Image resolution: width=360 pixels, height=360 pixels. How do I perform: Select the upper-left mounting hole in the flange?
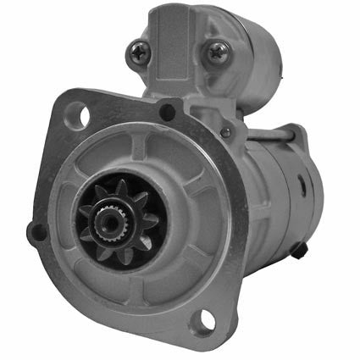tap(77, 111)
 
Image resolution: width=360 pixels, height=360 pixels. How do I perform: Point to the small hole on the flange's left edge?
tap(35, 229)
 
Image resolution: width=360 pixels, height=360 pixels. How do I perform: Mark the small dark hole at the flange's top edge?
tap(168, 109)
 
